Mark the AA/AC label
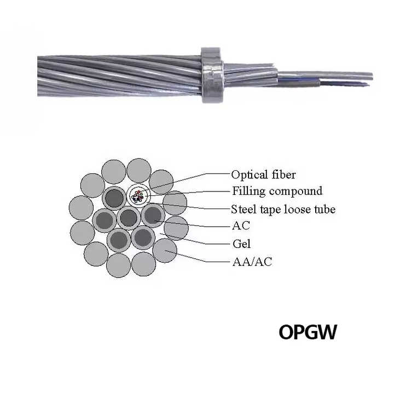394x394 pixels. pos(251,262)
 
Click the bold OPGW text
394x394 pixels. pos(308,332)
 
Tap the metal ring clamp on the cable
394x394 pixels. pos(211,75)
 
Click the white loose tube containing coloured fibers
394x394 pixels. pos(138,195)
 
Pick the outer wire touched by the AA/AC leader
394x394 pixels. pos(165,250)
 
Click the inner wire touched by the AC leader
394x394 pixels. pos(153,216)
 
